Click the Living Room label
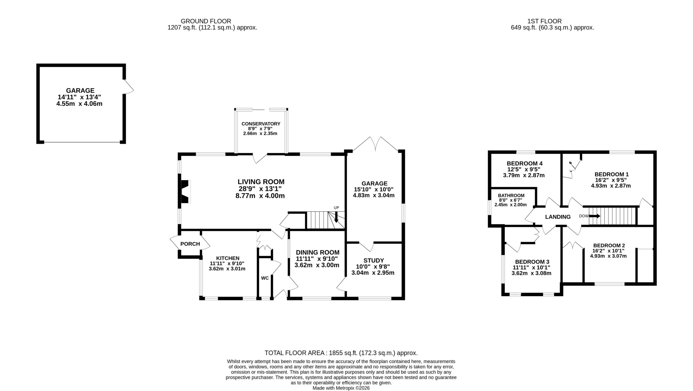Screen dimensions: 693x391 [261, 182]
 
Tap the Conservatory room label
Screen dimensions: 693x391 [261, 124]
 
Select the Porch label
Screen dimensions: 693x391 [190, 244]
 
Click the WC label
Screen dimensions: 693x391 [265, 278]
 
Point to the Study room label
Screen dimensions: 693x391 [374, 260]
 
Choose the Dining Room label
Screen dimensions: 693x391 [318, 252]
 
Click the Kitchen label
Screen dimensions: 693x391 [228, 258]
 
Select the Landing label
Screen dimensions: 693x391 [558, 217]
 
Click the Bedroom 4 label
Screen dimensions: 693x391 [525, 163]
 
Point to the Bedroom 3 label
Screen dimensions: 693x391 [532, 262]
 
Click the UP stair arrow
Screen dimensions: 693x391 [336, 217]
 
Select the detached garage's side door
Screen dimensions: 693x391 [128, 87]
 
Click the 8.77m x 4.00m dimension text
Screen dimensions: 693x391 [260, 196]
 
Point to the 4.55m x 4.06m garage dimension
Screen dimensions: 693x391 [79, 104]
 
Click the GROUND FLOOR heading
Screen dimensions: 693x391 [206, 21]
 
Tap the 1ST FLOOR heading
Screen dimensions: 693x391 [544, 21]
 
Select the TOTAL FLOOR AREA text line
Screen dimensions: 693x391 [341, 353]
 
